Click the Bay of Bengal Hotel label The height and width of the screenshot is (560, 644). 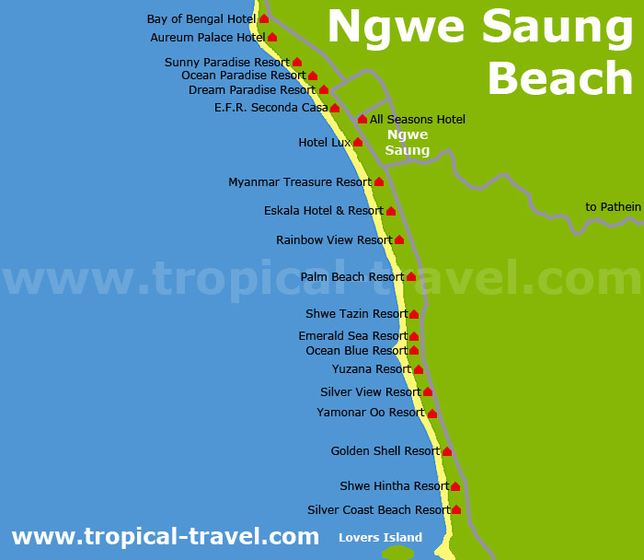click(x=201, y=19)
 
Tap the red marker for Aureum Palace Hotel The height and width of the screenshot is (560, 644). click(x=272, y=38)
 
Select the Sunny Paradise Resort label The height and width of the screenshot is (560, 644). click(x=226, y=63)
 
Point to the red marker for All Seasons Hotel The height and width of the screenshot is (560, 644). click(x=362, y=120)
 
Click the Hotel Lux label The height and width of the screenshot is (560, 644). click(x=325, y=143)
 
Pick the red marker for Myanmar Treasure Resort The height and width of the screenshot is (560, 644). click(x=379, y=182)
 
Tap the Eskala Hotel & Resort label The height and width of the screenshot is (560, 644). click(x=323, y=211)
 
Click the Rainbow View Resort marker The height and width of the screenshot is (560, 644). click(x=399, y=240)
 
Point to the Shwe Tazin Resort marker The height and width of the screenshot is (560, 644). click(x=414, y=314)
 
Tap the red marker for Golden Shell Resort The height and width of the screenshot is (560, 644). click(x=447, y=451)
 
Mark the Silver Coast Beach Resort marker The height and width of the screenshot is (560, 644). click(x=456, y=509)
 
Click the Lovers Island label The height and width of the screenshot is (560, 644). click(x=380, y=538)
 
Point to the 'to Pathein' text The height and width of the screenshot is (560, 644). click(x=613, y=207)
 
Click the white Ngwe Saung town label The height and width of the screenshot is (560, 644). click(x=407, y=143)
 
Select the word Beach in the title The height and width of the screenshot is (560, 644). click(x=559, y=79)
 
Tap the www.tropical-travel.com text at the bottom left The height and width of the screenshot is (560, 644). click(x=165, y=536)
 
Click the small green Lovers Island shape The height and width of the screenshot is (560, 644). click(x=397, y=553)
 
